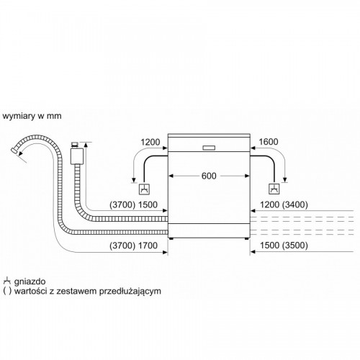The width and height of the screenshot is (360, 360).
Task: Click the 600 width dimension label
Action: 209,176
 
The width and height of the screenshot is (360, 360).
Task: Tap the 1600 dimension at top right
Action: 269,142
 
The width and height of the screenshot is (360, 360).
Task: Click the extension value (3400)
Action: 294,204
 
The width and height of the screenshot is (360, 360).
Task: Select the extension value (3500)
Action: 294,246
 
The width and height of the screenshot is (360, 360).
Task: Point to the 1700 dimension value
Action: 148,246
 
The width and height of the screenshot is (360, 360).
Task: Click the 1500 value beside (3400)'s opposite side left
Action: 148,204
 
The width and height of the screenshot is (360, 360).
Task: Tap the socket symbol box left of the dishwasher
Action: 144,189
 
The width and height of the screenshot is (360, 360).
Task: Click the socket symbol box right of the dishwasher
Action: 274,189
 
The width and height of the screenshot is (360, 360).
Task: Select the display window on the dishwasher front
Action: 209,148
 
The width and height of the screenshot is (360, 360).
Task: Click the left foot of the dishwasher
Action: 171,239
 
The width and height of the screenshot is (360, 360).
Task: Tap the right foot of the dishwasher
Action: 246,239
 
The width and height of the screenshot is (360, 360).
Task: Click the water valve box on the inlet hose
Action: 77,156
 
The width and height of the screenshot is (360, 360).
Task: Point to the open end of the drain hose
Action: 14,150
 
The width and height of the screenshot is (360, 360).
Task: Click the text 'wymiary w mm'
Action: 32,116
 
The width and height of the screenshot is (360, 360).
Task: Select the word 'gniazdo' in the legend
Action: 30,282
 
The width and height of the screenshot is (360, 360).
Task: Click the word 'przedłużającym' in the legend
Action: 130,292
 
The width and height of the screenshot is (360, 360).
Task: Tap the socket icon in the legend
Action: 7,281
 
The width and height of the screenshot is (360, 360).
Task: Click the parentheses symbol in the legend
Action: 7,292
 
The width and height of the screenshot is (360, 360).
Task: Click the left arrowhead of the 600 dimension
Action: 171,176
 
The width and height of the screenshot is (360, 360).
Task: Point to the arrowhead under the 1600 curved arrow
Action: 285,180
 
